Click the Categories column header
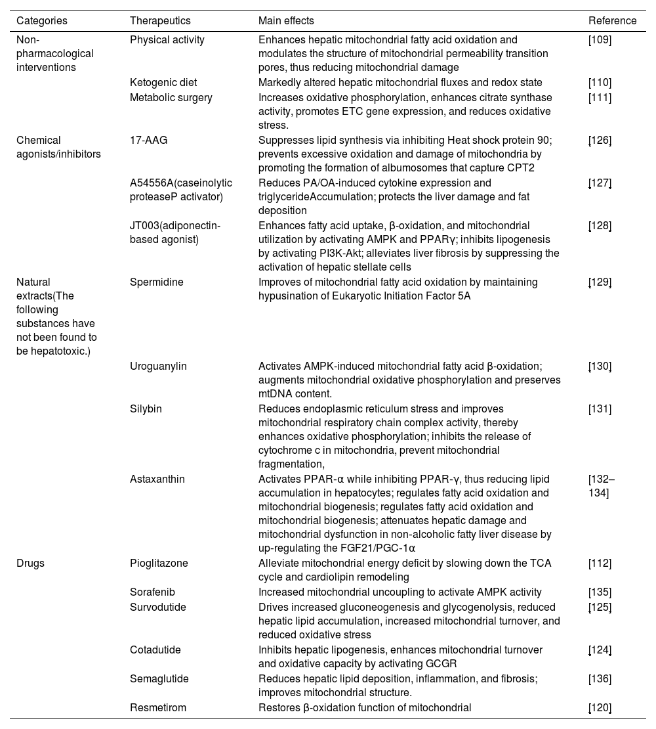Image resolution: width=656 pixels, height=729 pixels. [x=42, y=20]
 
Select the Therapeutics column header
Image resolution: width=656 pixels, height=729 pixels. [x=160, y=20]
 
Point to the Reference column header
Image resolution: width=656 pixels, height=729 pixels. [x=612, y=20]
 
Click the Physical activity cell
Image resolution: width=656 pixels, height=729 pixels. [x=167, y=39]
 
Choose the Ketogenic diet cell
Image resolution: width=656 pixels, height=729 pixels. [x=163, y=82]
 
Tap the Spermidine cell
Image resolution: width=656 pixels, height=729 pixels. [x=157, y=282]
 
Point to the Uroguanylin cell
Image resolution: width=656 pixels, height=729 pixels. [x=158, y=366]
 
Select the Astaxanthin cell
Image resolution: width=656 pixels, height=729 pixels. [x=157, y=479]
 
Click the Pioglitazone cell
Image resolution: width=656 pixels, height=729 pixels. [x=159, y=563]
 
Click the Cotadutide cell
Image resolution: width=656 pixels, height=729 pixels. [x=155, y=650]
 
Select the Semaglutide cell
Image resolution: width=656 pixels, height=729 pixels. [x=158, y=678]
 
